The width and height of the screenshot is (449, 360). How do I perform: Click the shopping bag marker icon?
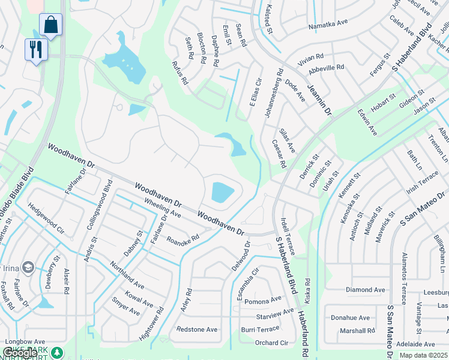point(51,25)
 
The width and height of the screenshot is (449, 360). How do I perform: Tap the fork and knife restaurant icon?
point(36,50)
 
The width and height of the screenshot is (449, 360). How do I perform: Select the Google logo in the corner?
point(19,353)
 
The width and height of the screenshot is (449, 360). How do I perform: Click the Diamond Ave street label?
point(365,290)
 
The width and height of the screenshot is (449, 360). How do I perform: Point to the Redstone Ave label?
point(197,329)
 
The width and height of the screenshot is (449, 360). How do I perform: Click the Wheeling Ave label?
point(163,208)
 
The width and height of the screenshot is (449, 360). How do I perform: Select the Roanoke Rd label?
point(182,239)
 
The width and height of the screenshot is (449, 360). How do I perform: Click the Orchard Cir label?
point(271,343)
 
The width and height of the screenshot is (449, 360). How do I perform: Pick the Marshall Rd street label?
point(357,331)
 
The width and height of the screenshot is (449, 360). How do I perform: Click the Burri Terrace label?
point(260,329)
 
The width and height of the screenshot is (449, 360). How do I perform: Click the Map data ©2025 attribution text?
point(424,355)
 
